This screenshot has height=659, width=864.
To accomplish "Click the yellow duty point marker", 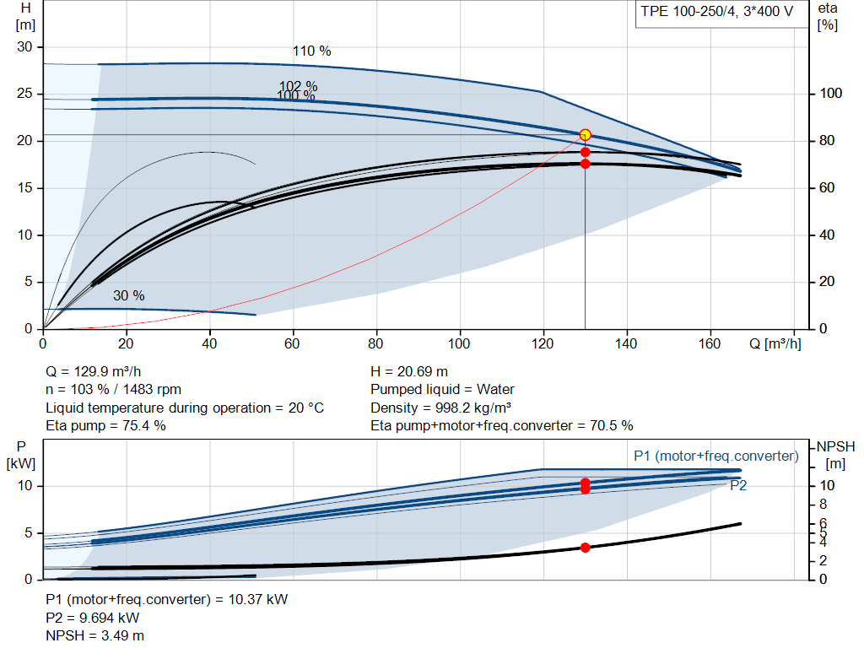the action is [586, 135].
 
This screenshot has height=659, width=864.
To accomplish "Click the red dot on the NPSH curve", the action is [586, 548].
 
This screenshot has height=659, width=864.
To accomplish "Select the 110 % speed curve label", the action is [312, 51].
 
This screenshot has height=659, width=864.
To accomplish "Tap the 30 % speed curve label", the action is [129, 296].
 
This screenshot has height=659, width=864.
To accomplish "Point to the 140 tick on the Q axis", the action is [626, 343].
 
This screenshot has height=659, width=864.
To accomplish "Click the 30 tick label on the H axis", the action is [24, 47].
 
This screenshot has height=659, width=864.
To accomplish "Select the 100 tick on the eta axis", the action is [830, 93].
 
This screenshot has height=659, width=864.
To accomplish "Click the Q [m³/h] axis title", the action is [775, 343].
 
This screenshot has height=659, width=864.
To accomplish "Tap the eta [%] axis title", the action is [828, 17].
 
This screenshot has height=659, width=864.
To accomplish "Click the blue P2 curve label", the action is [738, 485].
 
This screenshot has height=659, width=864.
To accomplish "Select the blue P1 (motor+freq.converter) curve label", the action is [716, 456].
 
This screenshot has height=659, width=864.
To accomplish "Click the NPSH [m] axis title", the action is [835, 455].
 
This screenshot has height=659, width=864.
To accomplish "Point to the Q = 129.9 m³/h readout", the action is [93, 372].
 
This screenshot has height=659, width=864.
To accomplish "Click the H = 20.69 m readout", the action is [409, 372].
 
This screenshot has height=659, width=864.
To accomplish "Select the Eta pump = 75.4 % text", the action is [105, 426].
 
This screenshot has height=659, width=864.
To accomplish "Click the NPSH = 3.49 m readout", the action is [94, 636].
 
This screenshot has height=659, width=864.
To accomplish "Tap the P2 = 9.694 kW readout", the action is [93, 618].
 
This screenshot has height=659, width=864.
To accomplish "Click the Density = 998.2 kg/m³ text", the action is [440, 408].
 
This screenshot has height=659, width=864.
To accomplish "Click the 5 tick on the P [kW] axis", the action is [29, 532].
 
